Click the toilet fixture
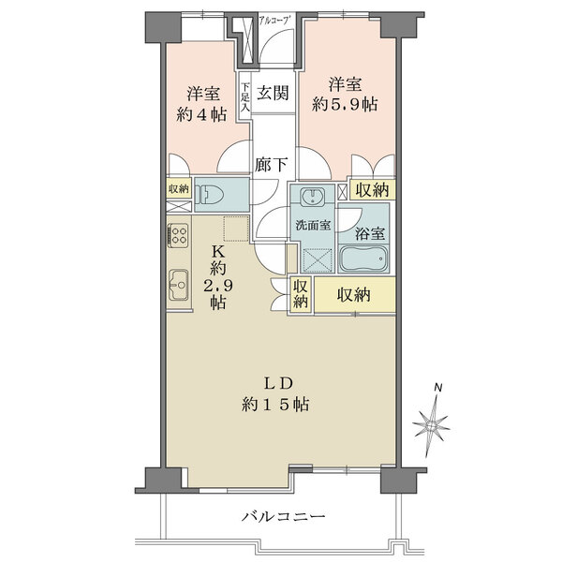pyautogui.click(x=214, y=196)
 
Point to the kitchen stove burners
pyautogui.click(x=178, y=234)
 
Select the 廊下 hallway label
pyautogui.click(x=270, y=162)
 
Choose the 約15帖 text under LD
pyautogui.click(x=276, y=406)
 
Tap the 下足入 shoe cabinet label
pyautogui.click(x=244, y=97)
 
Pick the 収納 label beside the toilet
pyautogui.click(x=177, y=189)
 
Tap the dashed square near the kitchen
pyautogui.click(x=237, y=227)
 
